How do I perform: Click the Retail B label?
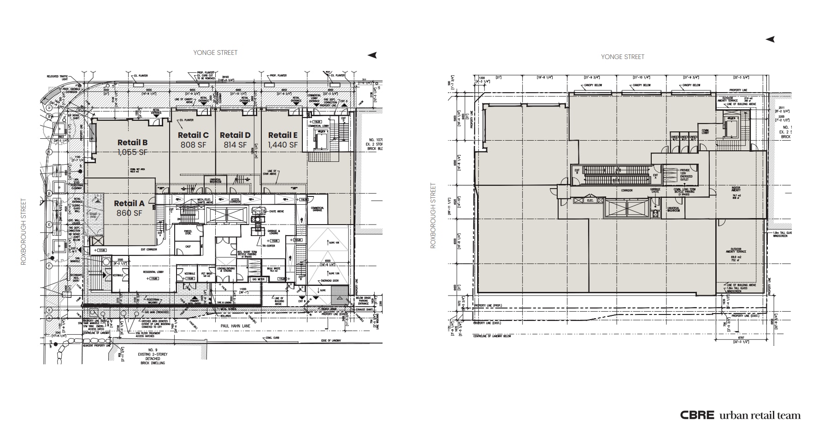pyautogui.click(x=132, y=142)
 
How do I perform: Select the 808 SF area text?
pyautogui.click(x=193, y=145)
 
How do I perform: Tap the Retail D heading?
pyautogui.click(x=235, y=135)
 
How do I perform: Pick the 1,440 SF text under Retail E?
pyautogui.click(x=283, y=145)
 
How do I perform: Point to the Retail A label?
pyautogui.click(x=129, y=203)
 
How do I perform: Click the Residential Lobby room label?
pyautogui.click(x=154, y=273)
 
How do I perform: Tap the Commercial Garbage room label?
pyautogui.click(x=317, y=209)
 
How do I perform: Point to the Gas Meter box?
pyautogui.click(x=258, y=279)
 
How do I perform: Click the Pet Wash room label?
pyautogui.click(x=206, y=274)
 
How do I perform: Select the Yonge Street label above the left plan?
pyautogui.click(x=215, y=53)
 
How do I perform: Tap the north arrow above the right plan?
pyautogui.click(x=770, y=40)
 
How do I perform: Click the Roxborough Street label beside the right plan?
pyautogui.click(x=433, y=216)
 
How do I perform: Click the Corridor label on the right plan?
pyautogui.click(x=626, y=190)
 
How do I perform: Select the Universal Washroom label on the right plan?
pyautogui.click(x=673, y=209)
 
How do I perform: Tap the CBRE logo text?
pyautogui.click(x=697, y=415)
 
